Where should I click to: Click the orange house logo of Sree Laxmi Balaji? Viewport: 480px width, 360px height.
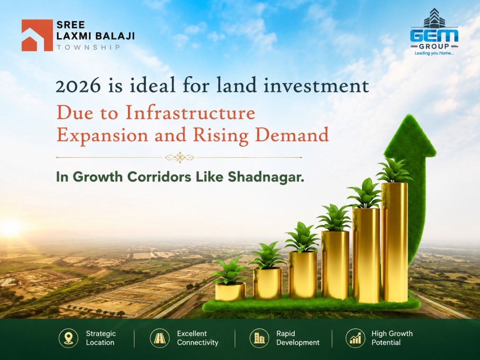point(37,35)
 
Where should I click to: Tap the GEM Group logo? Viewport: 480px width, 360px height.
point(434,32)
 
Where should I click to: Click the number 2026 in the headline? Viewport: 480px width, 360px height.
point(78,86)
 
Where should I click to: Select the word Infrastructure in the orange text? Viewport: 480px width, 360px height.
point(190,113)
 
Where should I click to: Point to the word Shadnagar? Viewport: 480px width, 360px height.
point(266,177)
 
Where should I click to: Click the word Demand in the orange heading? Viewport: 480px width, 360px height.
point(292,135)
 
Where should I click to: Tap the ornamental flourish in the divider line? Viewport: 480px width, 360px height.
point(180,158)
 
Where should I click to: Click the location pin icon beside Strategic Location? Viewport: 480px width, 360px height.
point(68,338)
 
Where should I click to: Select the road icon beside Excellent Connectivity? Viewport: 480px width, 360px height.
point(160,338)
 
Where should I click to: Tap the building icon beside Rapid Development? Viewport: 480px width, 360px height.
point(259,338)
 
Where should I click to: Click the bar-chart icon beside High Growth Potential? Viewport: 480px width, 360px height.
point(355,338)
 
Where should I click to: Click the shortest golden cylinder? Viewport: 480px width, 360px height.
point(230,291)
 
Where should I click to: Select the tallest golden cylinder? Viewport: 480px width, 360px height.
point(394,242)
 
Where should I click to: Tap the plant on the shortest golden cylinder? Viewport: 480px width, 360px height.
point(230,271)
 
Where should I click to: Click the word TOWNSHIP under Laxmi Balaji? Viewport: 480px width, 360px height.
point(88,47)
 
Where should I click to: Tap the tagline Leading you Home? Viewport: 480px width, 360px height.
point(434,53)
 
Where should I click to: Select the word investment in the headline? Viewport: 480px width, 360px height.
point(316,86)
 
